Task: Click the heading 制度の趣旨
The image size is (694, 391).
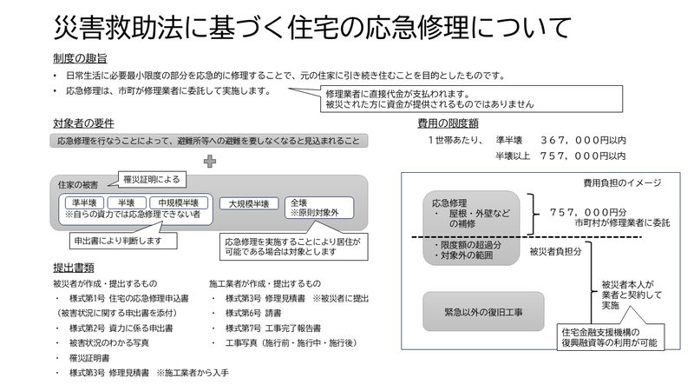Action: tap(80, 58)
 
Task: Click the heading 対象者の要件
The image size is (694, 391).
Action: tap(83, 123)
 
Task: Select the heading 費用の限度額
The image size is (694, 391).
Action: tap(448, 123)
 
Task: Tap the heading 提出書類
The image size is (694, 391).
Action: tap(74, 268)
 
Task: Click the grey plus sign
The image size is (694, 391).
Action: tap(210, 162)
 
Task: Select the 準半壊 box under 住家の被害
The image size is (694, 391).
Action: tap(84, 203)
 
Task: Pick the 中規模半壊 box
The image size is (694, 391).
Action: tap(179, 203)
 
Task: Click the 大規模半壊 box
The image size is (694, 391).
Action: tap(249, 204)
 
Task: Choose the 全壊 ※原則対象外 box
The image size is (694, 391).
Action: tap(319, 208)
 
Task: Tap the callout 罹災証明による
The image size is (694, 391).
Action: tap(152, 180)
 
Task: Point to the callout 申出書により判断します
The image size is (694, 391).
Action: tap(123, 242)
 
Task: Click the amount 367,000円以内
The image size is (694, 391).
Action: tap(583, 141)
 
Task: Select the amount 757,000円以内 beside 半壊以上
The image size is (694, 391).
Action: tap(583, 156)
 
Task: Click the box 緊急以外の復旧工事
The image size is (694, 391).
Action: tap(483, 312)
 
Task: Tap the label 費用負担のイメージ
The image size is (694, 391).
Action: tap(622, 182)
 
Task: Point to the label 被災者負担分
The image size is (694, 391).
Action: tap(555, 252)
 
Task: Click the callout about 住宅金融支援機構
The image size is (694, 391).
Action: tap(611, 337)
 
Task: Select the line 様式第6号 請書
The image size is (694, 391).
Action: tap(253, 313)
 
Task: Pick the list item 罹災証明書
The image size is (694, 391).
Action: tap(89, 358)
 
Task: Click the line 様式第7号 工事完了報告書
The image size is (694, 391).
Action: tap(273, 328)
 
